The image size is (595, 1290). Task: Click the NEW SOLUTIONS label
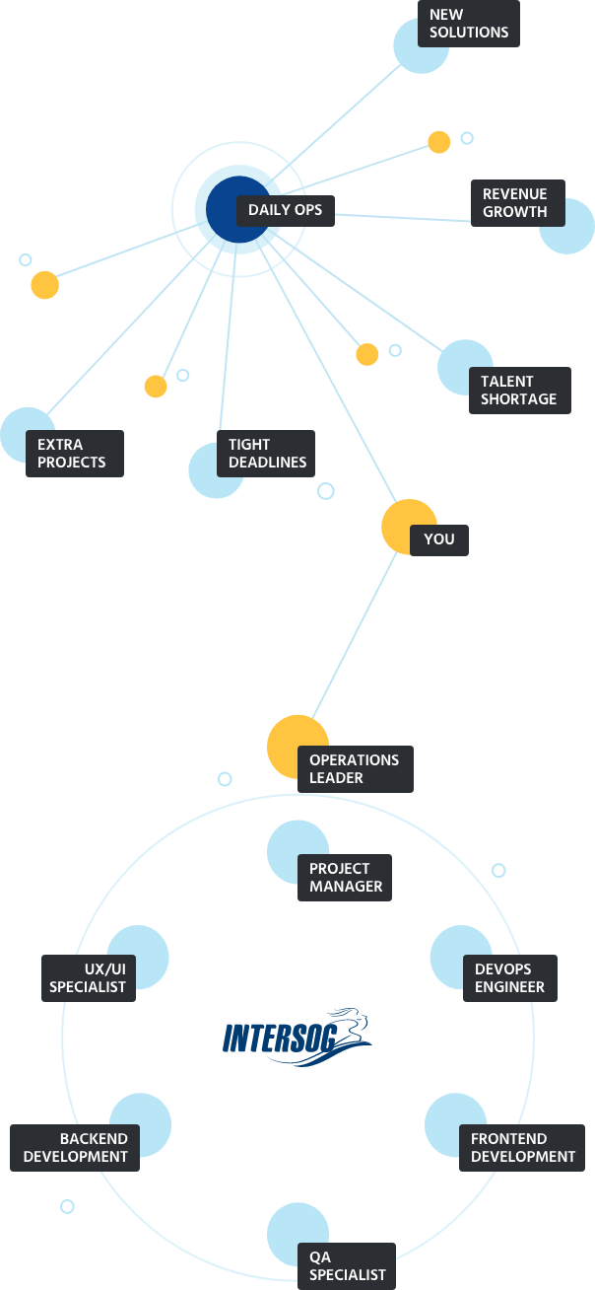tap(469, 24)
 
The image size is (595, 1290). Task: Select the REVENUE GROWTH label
tap(515, 203)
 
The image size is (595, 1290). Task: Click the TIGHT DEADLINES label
tap(267, 454)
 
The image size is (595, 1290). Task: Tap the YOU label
tap(439, 539)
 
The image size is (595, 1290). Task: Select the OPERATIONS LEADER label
tap(355, 769)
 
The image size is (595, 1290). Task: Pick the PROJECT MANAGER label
tap(346, 878)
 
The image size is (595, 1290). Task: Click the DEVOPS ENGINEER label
tap(509, 978)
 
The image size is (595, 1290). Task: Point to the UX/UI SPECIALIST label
tap(88, 978)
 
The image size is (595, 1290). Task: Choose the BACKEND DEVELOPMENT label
tap(76, 1148)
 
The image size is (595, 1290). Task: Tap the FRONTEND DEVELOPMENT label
tap(523, 1148)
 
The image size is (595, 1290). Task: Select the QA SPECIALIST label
tap(346, 1266)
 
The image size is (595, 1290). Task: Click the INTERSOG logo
tap(297, 1037)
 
